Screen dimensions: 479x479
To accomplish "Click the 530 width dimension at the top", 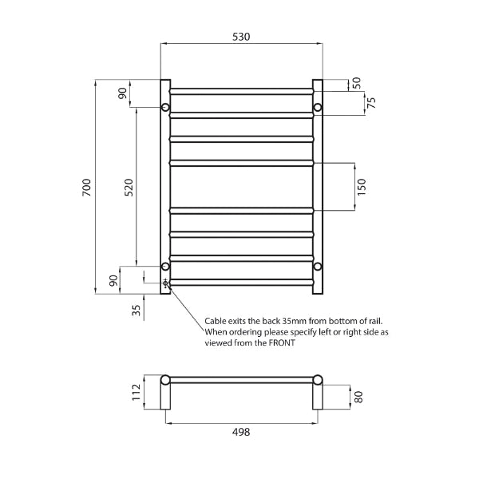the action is click(x=241, y=37).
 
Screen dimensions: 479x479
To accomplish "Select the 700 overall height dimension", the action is click(x=87, y=188).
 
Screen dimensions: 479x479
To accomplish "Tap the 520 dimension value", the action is click(x=129, y=188).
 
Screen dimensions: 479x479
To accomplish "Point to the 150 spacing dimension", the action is click(x=361, y=187).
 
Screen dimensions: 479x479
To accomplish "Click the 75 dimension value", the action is click(x=371, y=103).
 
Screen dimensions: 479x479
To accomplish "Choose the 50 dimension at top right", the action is click(x=357, y=83).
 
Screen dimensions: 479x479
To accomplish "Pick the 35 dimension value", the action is click(x=137, y=311).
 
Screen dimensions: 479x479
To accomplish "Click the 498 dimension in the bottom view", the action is click(x=241, y=432).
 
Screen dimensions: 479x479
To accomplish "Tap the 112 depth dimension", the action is click(x=136, y=393).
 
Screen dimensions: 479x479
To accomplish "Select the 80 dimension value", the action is click(x=358, y=397).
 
